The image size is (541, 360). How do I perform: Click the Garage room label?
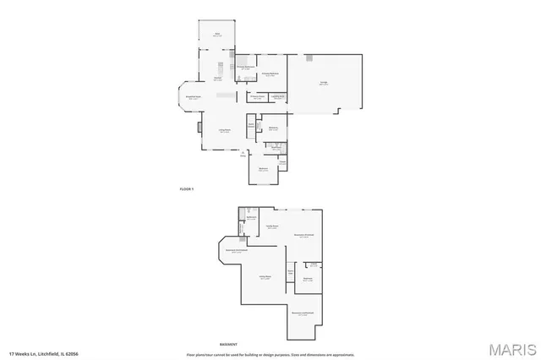point(324,83)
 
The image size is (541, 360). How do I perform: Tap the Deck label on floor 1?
point(216,34)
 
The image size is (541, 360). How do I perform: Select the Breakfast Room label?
point(194,97)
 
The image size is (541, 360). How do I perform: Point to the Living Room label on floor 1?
point(225,130)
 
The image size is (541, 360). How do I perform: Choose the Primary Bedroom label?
point(270,74)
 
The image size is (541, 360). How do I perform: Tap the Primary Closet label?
point(257,97)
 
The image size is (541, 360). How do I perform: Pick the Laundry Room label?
point(277,97)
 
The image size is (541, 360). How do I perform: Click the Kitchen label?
point(217,78)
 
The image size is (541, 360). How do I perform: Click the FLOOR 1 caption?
point(187,188)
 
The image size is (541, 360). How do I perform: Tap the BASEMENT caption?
point(229,345)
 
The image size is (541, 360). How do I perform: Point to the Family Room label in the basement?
point(273,226)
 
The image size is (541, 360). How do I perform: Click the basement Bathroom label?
point(251,218)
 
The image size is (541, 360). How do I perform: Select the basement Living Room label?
point(265,278)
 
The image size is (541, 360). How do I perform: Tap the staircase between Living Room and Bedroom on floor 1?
point(250,127)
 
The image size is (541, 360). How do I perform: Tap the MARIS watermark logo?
point(511,348)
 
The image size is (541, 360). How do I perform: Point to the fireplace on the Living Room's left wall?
point(199,128)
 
